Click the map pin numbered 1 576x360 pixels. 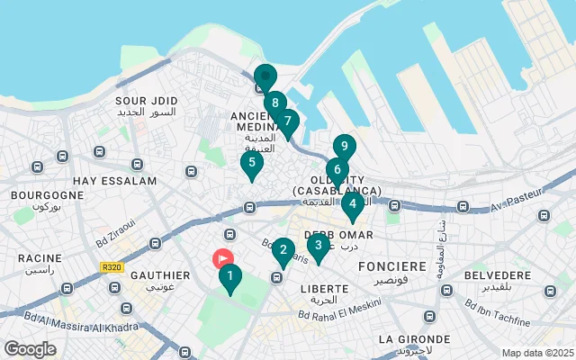[229, 277]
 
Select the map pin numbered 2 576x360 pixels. [283, 251]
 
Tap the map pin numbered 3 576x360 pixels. [318, 245]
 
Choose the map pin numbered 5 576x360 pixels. [251, 164]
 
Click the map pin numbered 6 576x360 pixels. [337, 170]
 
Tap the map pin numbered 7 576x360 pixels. [287, 121]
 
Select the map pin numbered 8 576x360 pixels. [274, 103]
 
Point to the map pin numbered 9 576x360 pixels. [344, 147]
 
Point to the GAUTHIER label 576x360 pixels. [160, 274]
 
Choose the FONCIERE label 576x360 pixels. [391, 267]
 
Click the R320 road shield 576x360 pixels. [112, 266]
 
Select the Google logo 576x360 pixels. [30, 349]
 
